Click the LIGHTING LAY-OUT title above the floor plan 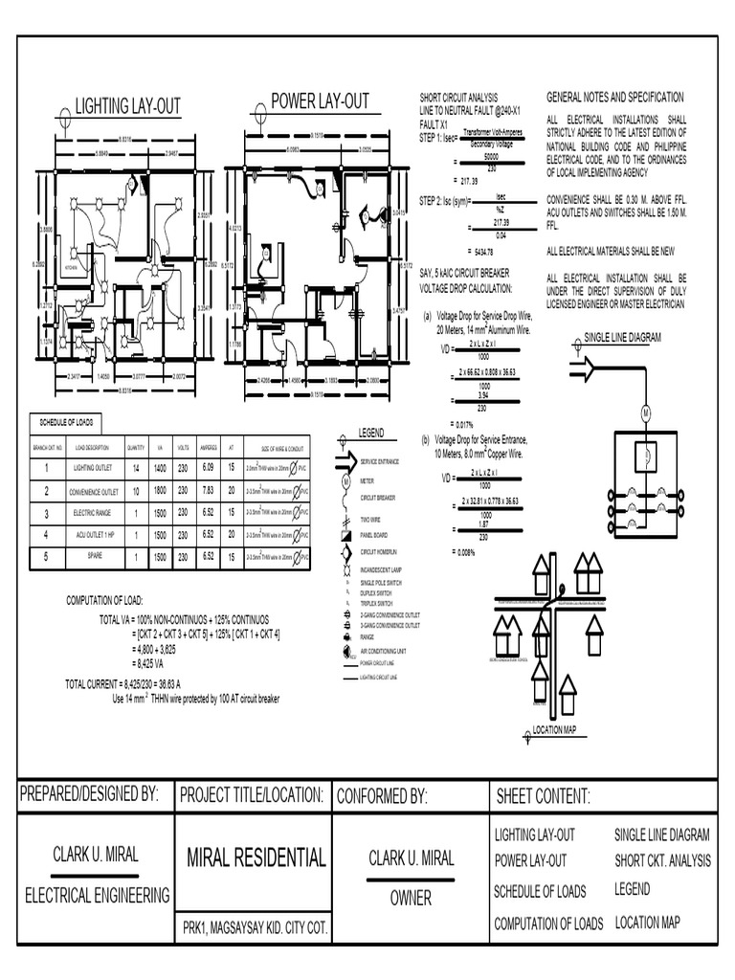[x=128, y=106]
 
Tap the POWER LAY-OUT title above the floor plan [x=320, y=101]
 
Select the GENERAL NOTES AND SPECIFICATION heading [x=614, y=98]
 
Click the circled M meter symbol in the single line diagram [x=645, y=412]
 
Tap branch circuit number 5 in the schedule [x=45, y=556]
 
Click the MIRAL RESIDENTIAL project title [x=256, y=857]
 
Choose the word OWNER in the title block [x=411, y=899]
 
